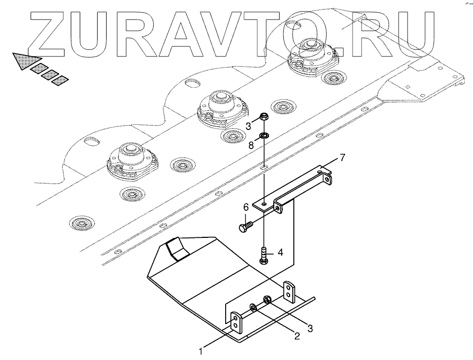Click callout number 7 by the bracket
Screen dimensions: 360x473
(342, 158)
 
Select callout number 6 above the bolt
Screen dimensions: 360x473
(245, 207)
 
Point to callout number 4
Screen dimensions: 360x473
(281, 253)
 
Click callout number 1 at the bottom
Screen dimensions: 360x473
(201, 350)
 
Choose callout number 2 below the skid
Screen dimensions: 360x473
(296, 336)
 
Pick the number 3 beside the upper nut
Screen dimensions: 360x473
(248, 126)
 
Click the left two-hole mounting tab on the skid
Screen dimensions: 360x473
(236, 322)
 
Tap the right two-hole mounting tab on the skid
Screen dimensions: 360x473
(289, 291)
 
